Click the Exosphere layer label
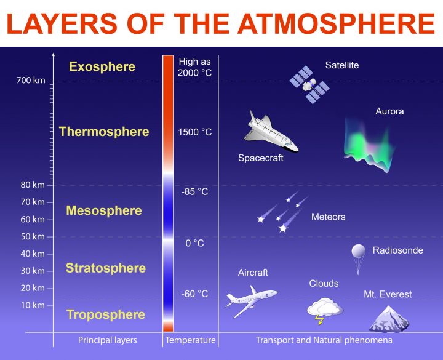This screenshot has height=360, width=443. pyautogui.click(x=102, y=67)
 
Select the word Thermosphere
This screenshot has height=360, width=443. pyautogui.click(x=104, y=132)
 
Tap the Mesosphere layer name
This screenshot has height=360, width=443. pyautogui.click(x=104, y=210)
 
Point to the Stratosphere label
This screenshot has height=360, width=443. pyautogui.click(x=106, y=268)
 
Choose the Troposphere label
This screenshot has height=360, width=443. pyautogui.click(x=106, y=314)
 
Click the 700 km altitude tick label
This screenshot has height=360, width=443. pyautogui.click(x=31, y=81)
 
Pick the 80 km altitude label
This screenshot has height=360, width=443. pyautogui.click(x=33, y=185)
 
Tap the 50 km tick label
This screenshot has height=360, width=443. pyautogui.click(x=33, y=236)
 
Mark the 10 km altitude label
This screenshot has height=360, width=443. pyautogui.click(x=33, y=305)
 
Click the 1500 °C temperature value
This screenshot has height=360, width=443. pyautogui.click(x=194, y=132)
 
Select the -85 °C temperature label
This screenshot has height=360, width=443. pyautogui.click(x=194, y=191)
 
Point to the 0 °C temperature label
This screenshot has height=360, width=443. pyautogui.click(x=194, y=243)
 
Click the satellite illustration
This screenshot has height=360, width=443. pyautogui.click(x=309, y=85)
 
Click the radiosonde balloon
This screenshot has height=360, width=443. pyautogui.click(x=359, y=259)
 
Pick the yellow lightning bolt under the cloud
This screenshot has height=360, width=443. pyautogui.click(x=319, y=320)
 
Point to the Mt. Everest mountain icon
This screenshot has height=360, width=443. pyautogui.click(x=389, y=319)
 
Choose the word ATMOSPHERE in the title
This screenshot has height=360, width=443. pyautogui.click(x=336, y=24)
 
